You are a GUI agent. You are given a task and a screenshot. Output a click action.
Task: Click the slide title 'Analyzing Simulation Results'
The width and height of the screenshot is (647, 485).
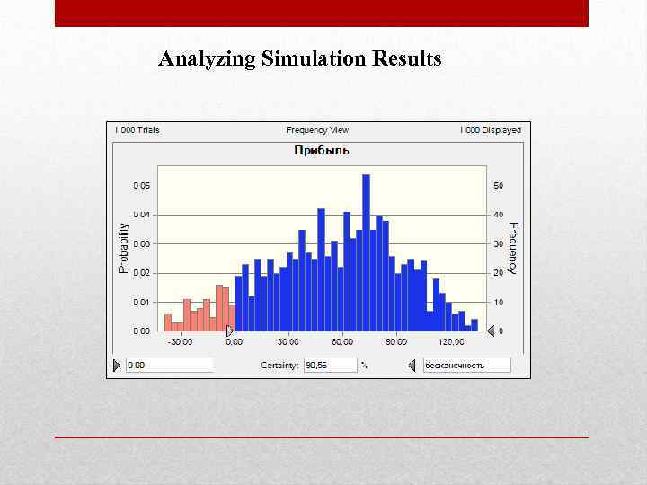click(300, 60)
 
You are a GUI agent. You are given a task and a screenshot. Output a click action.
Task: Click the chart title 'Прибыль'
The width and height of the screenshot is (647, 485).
click(322, 151)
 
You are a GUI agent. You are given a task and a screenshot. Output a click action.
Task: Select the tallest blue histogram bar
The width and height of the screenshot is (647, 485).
click(366, 251)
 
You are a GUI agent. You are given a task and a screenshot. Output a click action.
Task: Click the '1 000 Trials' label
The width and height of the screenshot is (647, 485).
click(137, 130)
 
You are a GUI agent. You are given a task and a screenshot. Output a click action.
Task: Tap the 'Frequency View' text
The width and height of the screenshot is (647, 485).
click(317, 130)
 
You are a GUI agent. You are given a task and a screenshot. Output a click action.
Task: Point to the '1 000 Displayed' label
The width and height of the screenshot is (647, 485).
click(491, 130)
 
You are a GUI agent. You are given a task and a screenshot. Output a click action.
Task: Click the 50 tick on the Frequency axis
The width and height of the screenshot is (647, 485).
click(499, 186)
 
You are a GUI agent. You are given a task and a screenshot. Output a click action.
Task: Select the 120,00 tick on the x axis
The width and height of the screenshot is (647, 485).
click(451, 342)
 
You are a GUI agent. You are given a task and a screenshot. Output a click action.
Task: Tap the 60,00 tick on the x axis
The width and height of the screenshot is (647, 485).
click(342, 342)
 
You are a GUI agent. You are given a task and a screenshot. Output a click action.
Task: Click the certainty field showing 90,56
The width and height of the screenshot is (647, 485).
click(329, 366)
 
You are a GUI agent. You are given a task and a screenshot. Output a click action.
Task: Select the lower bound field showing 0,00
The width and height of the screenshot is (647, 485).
click(169, 366)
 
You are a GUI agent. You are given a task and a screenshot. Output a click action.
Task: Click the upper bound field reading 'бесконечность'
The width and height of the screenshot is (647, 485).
click(465, 366)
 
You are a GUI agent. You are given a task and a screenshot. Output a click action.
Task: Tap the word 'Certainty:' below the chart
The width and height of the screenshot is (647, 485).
click(279, 366)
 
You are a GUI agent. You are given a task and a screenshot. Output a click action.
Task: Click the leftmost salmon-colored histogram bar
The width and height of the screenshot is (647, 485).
click(168, 322)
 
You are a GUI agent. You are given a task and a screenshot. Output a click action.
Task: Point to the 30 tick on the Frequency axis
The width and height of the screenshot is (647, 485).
click(499, 244)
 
